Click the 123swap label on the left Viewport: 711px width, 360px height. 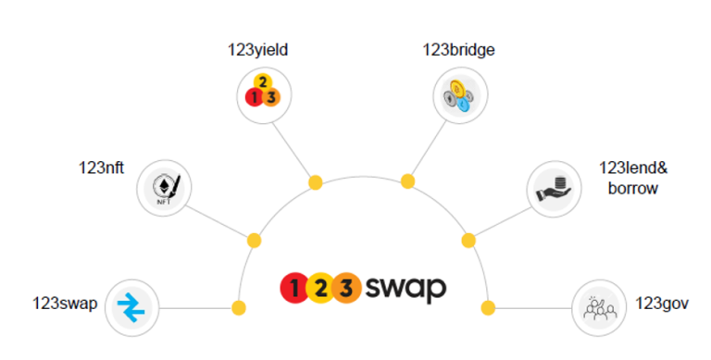(64, 304)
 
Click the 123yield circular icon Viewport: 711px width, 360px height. (262, 93)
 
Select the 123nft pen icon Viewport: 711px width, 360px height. (164, 188)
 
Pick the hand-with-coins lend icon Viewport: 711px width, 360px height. (555, 189)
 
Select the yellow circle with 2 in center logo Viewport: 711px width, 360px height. (320, 288)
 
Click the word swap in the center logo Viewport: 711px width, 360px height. (405, 288)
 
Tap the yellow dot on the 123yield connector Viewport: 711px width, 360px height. (315, 183)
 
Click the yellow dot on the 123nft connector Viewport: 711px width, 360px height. (254, 241)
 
